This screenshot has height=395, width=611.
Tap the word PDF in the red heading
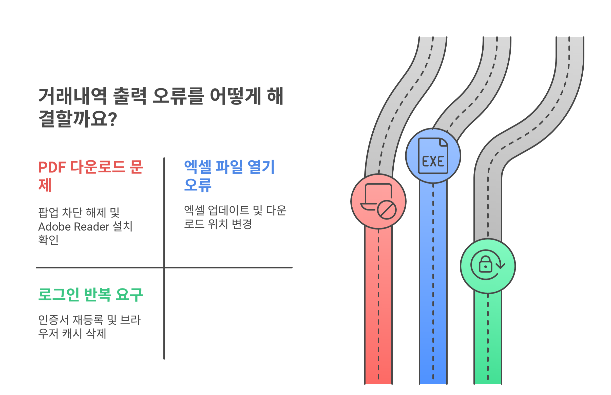[52, 168]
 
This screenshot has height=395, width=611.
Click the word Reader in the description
[91, 227]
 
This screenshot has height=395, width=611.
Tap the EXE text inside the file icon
[433, 161]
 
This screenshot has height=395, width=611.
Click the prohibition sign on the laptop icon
[387, 210]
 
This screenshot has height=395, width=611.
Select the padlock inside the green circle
[485, 264]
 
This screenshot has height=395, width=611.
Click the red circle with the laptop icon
[378, 201]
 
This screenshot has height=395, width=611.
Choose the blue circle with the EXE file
[433, 156]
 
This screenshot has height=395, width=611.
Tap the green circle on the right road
[488, 266]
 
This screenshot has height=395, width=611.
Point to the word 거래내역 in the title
[72, 96]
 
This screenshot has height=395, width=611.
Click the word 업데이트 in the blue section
[228, 210]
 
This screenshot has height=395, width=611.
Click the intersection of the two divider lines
[164, 267]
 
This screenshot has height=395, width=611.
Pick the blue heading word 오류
[198, 185]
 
